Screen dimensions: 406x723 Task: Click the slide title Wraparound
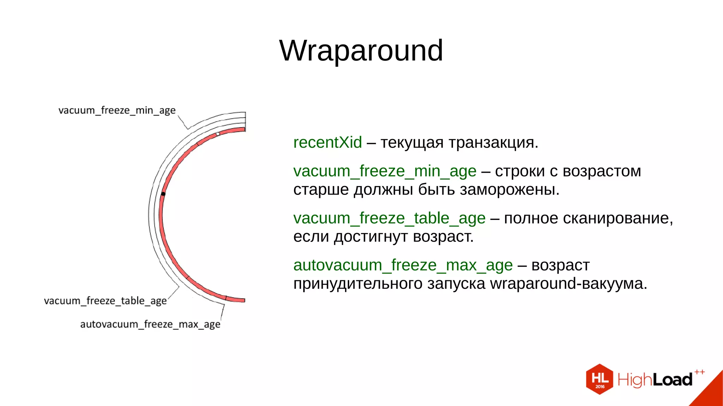[361, 50]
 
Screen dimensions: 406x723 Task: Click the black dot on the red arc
[163, 194]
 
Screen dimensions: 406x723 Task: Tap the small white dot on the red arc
[218, 134]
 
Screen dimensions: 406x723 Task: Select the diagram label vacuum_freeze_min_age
[117, 111]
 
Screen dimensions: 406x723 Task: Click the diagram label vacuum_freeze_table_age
[105, 301]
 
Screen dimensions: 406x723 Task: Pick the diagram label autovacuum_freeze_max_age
[150, 324]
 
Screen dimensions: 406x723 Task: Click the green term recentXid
[327, 143]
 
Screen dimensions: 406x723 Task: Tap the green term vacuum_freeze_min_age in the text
[384, 171]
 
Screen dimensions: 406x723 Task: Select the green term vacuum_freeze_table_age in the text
[389, 218]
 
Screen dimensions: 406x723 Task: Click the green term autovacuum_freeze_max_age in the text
[403, 265]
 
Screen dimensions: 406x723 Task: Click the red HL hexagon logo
[599, 379]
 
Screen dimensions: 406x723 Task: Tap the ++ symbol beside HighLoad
[699, 372]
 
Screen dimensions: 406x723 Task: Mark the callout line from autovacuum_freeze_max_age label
[222, 312]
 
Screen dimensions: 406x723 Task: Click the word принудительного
[358, 284]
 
